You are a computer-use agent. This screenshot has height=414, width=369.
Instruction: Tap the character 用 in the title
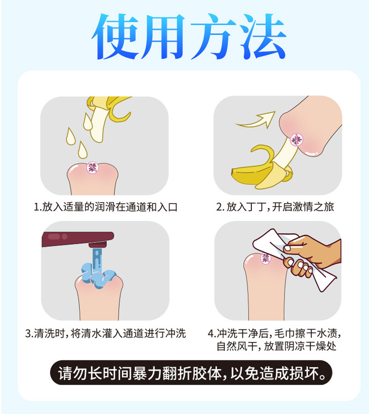tap(164, 37)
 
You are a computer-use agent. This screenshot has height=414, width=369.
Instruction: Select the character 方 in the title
tap(210, 37)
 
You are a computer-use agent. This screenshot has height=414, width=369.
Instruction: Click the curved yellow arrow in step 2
tap(255, 121)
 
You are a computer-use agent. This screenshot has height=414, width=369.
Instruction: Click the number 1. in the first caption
tap(38, 207)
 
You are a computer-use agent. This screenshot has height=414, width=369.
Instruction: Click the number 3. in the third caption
tap(29, 333)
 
